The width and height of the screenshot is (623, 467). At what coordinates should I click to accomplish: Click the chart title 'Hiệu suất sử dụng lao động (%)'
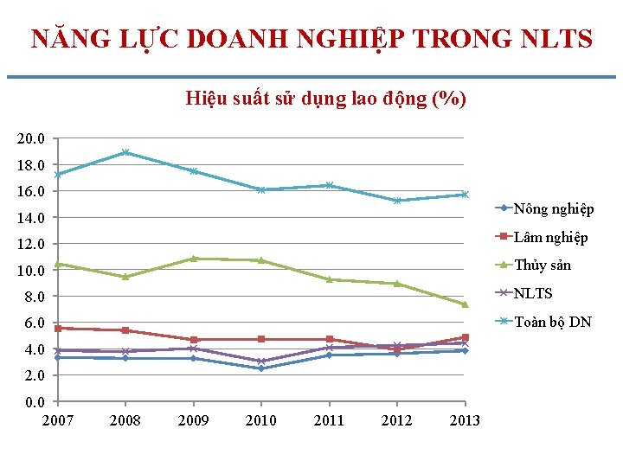[325, 99]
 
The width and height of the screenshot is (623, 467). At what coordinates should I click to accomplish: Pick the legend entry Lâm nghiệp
[550, 237]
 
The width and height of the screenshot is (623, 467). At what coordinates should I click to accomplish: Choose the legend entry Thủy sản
[543, 265]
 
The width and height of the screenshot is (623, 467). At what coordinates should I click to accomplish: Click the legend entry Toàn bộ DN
[553, 322]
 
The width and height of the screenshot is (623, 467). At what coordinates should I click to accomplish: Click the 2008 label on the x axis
[125, 420]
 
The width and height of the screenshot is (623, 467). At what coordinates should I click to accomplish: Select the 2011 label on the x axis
[329, 420]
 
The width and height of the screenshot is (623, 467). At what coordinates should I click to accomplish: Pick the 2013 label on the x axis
[465, 420]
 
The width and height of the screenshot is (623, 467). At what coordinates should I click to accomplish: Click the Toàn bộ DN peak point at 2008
[125, 152]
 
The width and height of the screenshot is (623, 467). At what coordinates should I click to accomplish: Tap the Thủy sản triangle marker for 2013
[465, 304]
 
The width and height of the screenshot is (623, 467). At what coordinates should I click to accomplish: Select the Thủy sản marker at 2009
[193, 258]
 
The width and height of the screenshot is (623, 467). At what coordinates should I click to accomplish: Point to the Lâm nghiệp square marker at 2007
[57, 329]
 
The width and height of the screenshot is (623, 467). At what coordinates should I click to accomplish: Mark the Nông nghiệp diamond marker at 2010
[261, 368]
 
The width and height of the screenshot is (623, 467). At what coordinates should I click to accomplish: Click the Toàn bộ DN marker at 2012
[397, 201]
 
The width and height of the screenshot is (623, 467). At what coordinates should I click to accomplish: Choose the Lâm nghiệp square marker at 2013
[465, 337]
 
